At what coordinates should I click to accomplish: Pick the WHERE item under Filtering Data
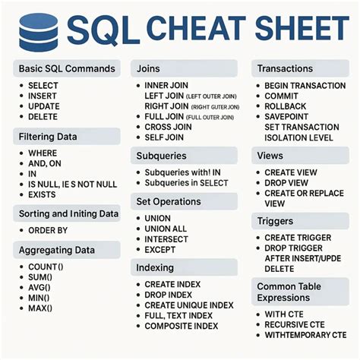click(x=43, y=154)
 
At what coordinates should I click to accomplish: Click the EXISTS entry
click(x=43, y=194)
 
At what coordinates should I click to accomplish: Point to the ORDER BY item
click(x=48, y=230)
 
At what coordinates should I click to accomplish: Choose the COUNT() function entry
click(x=46, y=267)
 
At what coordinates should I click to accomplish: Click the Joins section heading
click(x=150, y=69)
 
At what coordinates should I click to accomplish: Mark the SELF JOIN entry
click(x=166, y=138)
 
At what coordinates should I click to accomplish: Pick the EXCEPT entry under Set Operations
click(x=161, y=249)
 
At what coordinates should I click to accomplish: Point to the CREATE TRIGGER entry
click(x=298, y=238)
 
